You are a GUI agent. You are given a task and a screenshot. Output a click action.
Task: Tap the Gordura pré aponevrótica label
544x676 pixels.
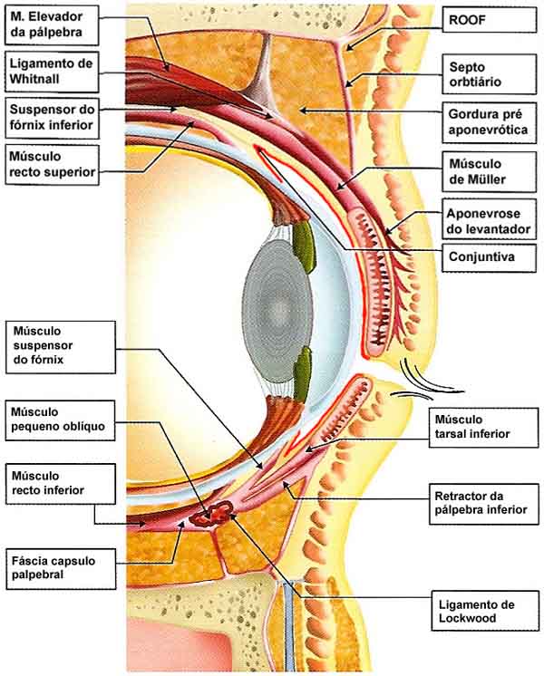tap(490, 123)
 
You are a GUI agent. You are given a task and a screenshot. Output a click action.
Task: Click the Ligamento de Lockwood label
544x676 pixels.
tap(481, 612)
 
